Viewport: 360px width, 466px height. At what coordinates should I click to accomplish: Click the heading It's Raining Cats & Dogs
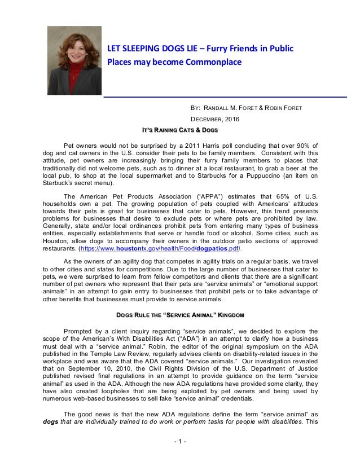point(179,130)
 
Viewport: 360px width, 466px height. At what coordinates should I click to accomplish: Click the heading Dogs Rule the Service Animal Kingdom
point(179,314)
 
